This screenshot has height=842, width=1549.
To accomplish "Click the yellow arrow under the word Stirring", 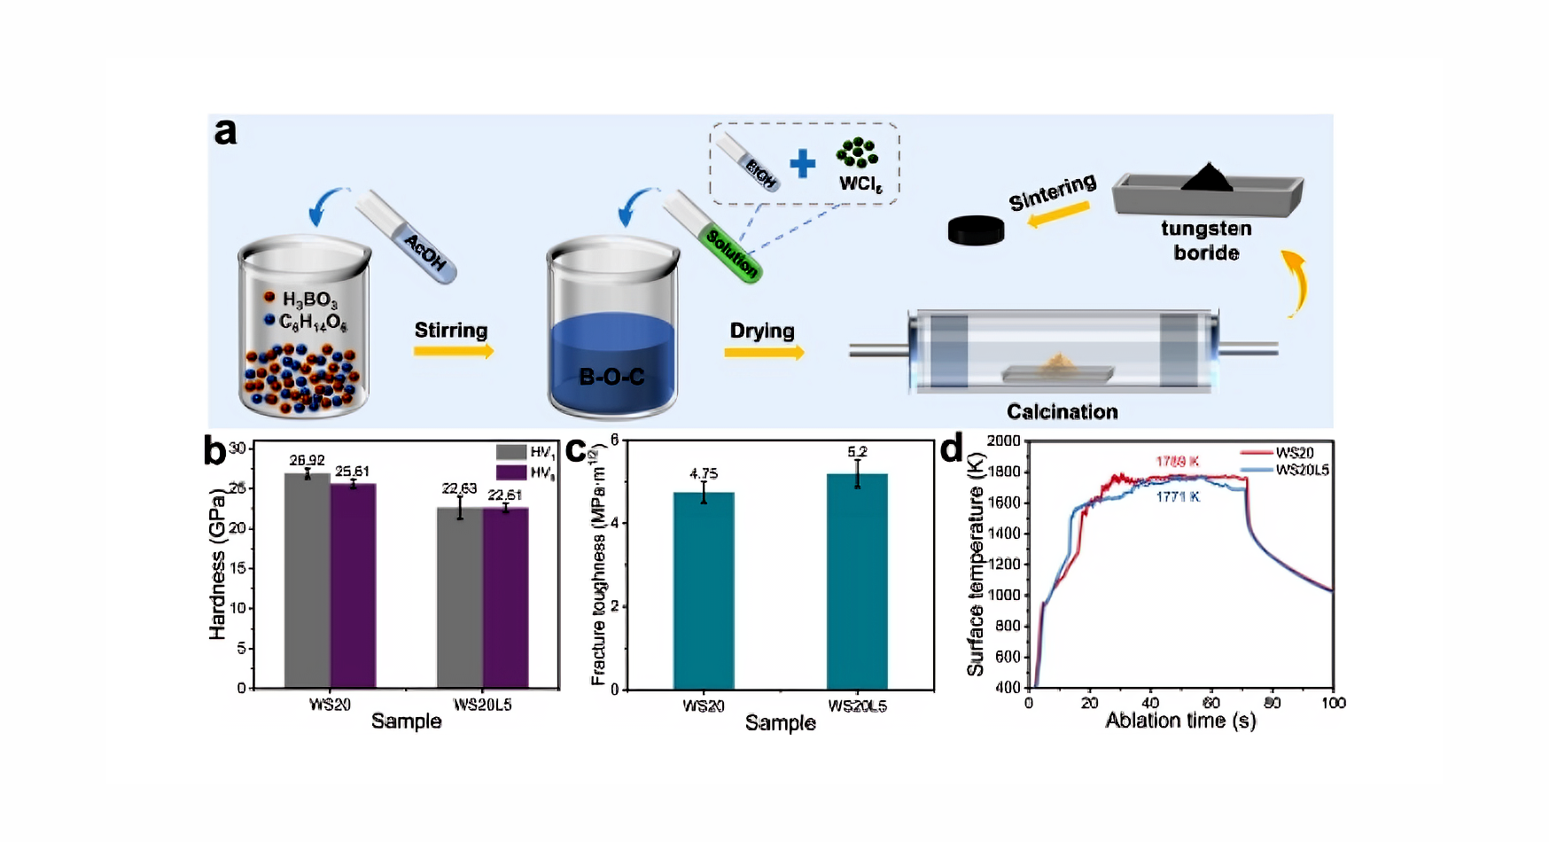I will point(453,351).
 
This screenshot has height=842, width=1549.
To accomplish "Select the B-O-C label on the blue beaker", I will point(611,377).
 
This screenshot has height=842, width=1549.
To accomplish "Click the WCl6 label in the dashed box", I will point(860,183).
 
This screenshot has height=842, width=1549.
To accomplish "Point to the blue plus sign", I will point(802,163).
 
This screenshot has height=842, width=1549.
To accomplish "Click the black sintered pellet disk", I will point(976,230).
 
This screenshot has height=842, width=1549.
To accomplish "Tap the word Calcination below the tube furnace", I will point(1062,411).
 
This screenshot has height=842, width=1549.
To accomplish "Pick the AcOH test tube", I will point(407,236).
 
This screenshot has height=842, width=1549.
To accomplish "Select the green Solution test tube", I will point(712,236).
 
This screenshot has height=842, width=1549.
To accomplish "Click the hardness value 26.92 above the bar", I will point(307,460).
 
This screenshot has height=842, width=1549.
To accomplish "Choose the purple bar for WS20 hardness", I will point(353,585).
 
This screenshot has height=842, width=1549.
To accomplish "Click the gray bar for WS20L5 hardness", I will point(460,597).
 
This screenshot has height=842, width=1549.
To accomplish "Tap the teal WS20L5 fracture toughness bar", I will point(857,581).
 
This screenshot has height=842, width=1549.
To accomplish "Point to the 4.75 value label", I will point(704,474).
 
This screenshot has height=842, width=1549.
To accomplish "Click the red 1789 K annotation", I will point(1177,461).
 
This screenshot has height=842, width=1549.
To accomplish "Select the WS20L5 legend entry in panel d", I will point(1302,470).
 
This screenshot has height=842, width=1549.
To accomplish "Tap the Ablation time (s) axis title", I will point(1180,721).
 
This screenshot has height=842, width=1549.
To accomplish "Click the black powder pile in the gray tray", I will point(1206,178).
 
